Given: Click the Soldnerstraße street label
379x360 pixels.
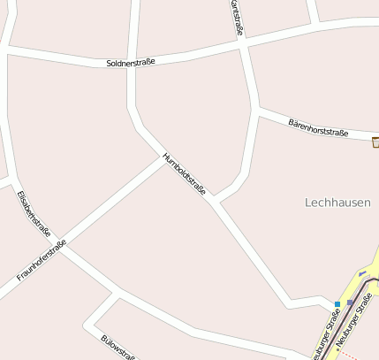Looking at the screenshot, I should click(x=131, y=63).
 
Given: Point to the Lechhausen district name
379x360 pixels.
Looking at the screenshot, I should click(x=337, y=202).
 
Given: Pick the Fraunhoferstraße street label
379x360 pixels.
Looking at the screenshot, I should click(x=42, y=262).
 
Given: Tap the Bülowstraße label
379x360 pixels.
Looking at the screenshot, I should click(x=118, y=348).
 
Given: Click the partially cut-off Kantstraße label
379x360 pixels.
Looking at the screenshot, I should click(x=236, y=18).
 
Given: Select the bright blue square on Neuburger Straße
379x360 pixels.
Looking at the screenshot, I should click(x=337, y=303).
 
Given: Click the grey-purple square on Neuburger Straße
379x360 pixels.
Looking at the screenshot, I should click(x=350, y=303).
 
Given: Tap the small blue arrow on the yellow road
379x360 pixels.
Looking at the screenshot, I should click(x=362, y=272).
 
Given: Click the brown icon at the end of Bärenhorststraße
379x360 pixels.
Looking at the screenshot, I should click(x=375, y=142).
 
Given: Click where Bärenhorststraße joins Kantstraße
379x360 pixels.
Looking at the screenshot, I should click(x=257, y=110).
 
